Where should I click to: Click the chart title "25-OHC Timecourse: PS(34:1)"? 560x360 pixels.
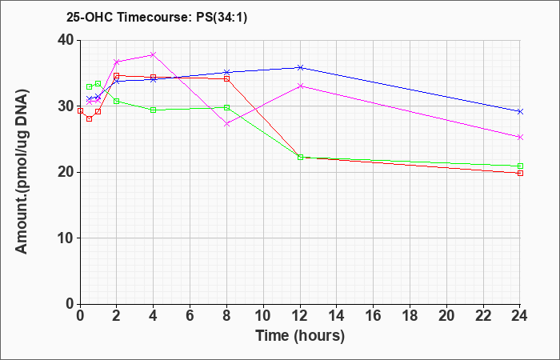(x=157, y=17)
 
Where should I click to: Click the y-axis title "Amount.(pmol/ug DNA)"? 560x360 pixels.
(x=22, y=172)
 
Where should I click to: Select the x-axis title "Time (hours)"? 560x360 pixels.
(x=300, y=336)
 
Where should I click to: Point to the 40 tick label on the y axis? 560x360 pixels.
(x=66, y=40)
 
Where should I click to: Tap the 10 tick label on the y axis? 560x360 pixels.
(x=66, y=238)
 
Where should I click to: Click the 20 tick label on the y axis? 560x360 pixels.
(x=66, y=172)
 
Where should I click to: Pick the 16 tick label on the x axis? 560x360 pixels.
(x=374, y=316)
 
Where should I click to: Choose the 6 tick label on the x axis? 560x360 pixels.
(x=190, y=316)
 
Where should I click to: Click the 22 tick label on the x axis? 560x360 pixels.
(x=483, y=316)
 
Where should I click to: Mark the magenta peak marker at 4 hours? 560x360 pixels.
(x=154, y=54)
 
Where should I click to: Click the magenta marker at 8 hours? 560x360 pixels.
(x=226, y=124)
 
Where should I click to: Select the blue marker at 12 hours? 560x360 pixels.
(x=300, y=67)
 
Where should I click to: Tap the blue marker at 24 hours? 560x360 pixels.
(x=520, y=112)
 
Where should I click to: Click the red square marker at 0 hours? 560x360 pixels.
(x=80, y=110)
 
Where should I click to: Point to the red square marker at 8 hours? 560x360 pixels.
(x=226, y=78)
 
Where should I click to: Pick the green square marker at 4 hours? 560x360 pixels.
(x=154, y=110)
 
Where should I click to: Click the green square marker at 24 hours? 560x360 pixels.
(x=520, y=166)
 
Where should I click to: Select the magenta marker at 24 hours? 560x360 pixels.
(x=520, y=137)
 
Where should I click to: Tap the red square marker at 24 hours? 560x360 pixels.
(x=520, y=174)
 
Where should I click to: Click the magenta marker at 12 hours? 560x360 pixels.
(x=300, y=86)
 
